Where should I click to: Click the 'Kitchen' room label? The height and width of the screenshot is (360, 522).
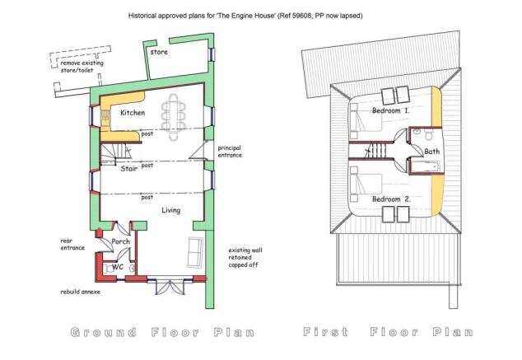[x=133, y=113]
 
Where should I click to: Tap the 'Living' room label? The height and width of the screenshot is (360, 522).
[x=147, y=211]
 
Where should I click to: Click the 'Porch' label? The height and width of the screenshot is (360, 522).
[x=121, y=242]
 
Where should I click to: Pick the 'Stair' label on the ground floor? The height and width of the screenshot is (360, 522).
[x=128, y=169]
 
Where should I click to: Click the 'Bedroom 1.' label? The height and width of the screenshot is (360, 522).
[x=391, y=110]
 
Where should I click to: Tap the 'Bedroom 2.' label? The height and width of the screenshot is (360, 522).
[x=391, y=199]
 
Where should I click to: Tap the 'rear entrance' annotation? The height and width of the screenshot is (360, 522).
[x=72, y=245]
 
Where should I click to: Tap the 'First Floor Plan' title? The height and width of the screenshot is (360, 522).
[x=388, y=333]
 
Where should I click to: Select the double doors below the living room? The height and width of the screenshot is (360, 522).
[x=170, y=288]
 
